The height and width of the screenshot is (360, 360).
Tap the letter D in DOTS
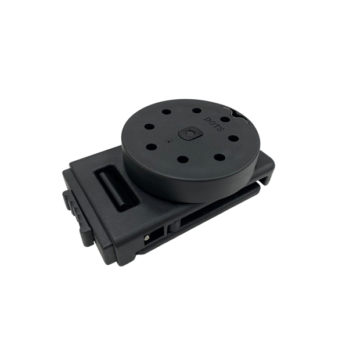point(207,119)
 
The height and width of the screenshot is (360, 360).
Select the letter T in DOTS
point(217,125)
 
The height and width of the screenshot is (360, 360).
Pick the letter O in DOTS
point(212,122)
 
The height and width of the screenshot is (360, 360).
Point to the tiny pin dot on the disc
point(169,142)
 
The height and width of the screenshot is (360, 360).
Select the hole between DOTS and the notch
point(225,119)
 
